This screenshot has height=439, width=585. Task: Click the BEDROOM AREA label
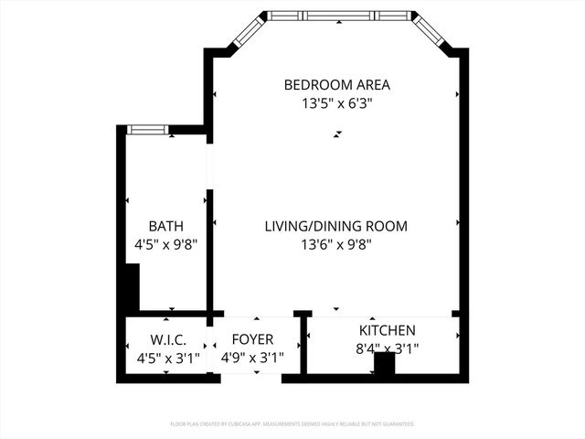pyautogui.click(x=336, y=85)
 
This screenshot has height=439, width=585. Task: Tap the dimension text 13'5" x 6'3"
pyautogui.click(x=336, y=103)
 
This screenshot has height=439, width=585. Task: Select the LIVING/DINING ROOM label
pyautogui.click(x=335, y=226)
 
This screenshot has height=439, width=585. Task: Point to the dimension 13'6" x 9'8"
pyautogui.click(x=335, y=244)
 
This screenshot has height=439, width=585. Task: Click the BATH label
pyautogui.click(x=165, y=226)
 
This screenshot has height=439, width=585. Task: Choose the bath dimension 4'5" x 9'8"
pyautogui.click(x=165, y=244)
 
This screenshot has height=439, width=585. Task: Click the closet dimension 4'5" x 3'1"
pyautogui.click(x=168, y=358)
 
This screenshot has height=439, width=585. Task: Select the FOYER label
pyautogui.click(x=252, y=339)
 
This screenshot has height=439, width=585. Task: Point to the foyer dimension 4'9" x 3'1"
pyautogui.click(x=253, y=358)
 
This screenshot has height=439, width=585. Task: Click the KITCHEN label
pyautogui.click(x=387, y=330)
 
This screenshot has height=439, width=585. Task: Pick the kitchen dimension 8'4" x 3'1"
pyautogui.click(x=388, y=348)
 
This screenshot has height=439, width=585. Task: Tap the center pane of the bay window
pyautogui.click(x=338, y=16)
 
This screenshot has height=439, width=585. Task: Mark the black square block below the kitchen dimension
pyautogui.click(x=385, y=363)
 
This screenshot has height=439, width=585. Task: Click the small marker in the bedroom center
pyautogui.click(x=337, y=134)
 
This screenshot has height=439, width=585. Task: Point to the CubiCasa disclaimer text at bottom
pyautogui.click(x=292, y=424)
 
